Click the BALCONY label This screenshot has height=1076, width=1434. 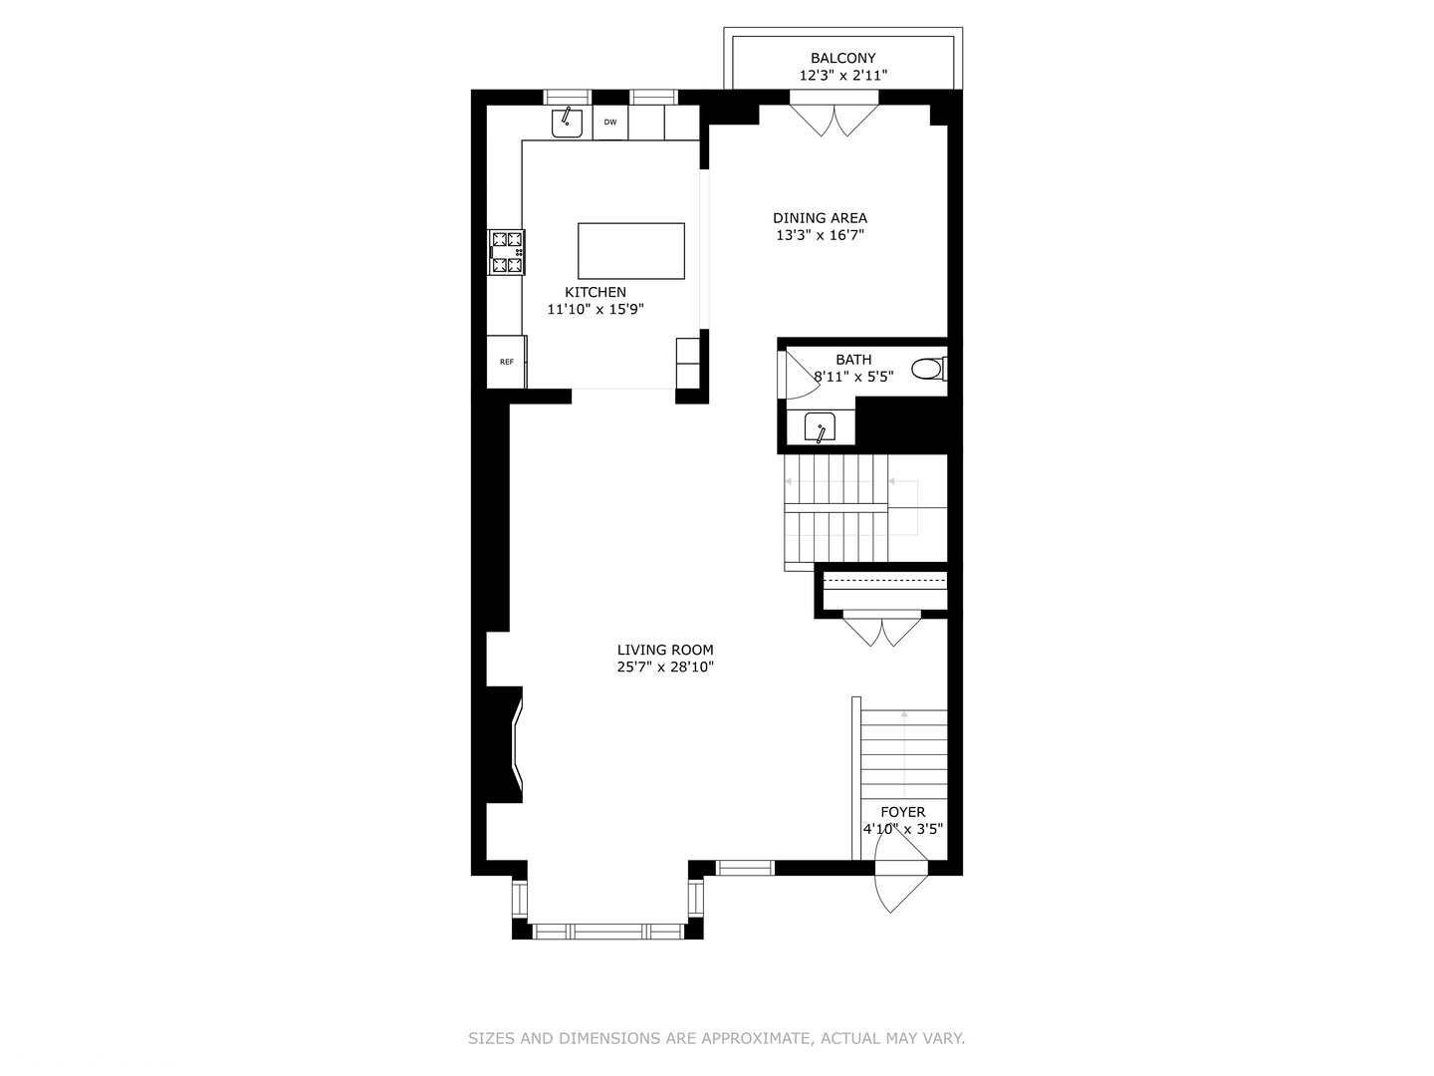click(x=842, y=59)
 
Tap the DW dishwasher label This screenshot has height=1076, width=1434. click(x=610, y=123)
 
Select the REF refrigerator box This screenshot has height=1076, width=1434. click(x=507, y=362)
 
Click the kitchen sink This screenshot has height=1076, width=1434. click(x=568, y=122)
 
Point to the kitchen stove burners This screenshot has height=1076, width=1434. click(x=507, y=252)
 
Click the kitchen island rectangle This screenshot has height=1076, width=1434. click(x=631, y=251)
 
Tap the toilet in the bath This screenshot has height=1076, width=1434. click(x=929, y=370)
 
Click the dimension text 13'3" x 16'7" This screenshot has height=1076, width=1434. click(x=820, y=236)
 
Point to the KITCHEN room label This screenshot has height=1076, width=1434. click(x=596, y=292)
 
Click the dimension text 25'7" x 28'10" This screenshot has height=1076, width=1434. click(x=665, y=668)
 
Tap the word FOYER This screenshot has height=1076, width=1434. click(x=902, y=812)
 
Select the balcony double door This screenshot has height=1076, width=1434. click(x=835, y=118)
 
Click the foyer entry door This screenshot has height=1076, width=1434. click(x=899, y=875)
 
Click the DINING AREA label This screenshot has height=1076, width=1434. click(x=820, y=218)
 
